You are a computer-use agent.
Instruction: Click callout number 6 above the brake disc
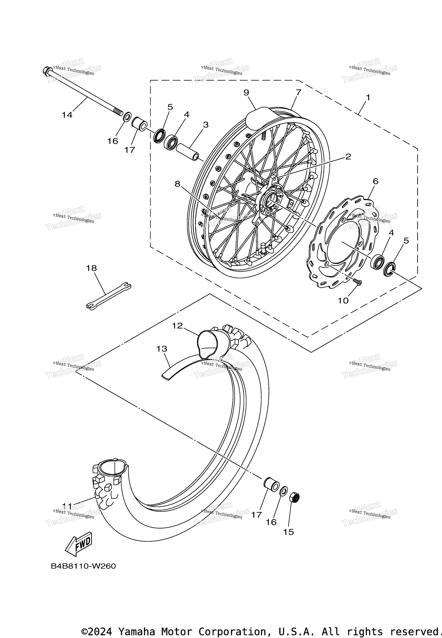click(375, 181)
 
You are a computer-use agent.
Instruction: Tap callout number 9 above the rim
click(246, 93)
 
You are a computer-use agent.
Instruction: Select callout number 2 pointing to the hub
click(348, 157)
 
